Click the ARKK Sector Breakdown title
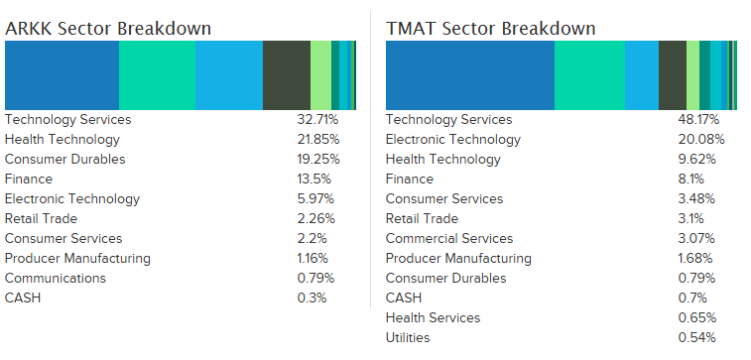coord(108,28)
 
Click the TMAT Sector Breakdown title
coord(490,28)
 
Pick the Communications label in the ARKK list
coord(57,278)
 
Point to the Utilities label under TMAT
coord(408,337)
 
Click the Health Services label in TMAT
coord(433,317)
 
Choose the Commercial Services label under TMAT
coord(449,238)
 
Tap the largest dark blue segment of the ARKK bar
coord(62,75)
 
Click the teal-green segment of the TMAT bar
coord(589,75)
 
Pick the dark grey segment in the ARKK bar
coord(286,75)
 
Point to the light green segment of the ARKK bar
coord(320,75)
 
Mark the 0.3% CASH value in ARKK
coord(311,298)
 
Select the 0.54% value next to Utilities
coord(695,337)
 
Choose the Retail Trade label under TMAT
coord(422,218)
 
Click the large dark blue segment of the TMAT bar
coord(469,75)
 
